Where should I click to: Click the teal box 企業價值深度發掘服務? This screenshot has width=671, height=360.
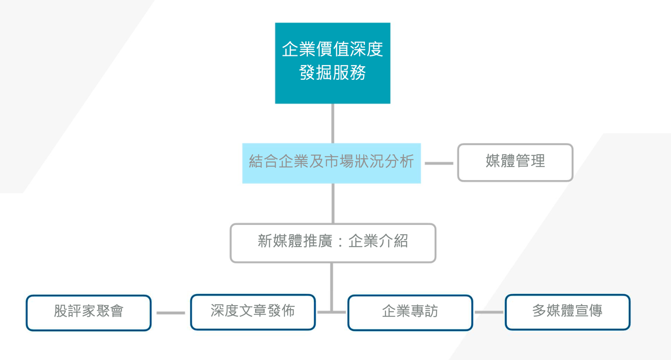333,63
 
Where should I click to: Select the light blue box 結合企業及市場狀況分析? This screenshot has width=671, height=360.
331,163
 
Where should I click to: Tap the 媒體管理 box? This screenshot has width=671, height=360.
515,162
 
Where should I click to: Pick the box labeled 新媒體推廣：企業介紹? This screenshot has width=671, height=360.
333,243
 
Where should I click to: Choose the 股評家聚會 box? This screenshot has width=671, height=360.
88,313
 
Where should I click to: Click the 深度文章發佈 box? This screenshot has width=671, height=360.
253,312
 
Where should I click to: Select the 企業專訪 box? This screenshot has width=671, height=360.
410,313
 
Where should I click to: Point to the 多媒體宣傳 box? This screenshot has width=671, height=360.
568,312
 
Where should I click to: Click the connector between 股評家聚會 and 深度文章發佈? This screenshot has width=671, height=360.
171,313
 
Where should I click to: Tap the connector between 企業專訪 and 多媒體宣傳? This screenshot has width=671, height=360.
489,312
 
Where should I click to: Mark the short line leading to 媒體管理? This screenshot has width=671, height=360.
439,163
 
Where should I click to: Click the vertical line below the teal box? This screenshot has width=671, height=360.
333,123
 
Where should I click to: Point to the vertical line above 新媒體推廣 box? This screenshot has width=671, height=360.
333,203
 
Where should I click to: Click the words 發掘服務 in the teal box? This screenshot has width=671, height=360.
333,72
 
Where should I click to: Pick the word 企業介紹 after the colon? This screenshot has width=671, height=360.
378,241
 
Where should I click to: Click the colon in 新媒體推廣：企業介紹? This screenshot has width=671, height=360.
340,241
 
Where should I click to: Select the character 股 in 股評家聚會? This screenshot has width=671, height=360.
61,311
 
